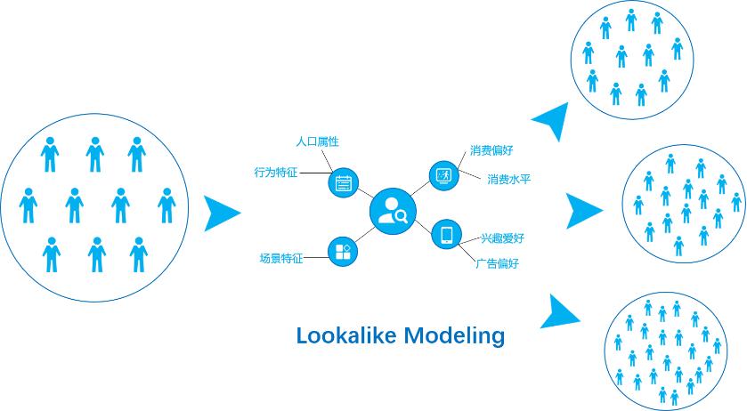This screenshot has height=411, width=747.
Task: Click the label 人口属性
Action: (317, 141)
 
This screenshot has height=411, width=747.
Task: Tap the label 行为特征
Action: (276, 173)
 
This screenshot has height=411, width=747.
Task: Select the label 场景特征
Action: (281, 258)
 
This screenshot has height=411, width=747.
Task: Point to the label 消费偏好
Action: (491, 150)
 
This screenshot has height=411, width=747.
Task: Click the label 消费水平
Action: (508, 180)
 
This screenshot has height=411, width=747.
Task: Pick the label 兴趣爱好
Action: (503, 238)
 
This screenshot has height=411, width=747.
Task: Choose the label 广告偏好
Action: (498, 263)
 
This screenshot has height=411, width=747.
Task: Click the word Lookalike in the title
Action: (346, 335)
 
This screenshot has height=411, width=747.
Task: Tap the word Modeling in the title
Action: (454, 336)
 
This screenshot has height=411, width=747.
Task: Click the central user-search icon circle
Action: (393, 211)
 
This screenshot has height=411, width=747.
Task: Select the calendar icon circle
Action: (343, 182)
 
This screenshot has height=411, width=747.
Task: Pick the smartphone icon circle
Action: (446, 234)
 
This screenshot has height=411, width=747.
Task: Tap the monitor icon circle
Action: (444, 175)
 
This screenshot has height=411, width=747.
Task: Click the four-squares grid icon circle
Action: (343, 252)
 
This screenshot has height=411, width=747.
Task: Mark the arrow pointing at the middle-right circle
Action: (582, 211)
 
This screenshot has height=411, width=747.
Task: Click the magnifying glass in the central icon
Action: (402, 217)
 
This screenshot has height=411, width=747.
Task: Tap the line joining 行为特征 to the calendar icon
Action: (315, 173)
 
